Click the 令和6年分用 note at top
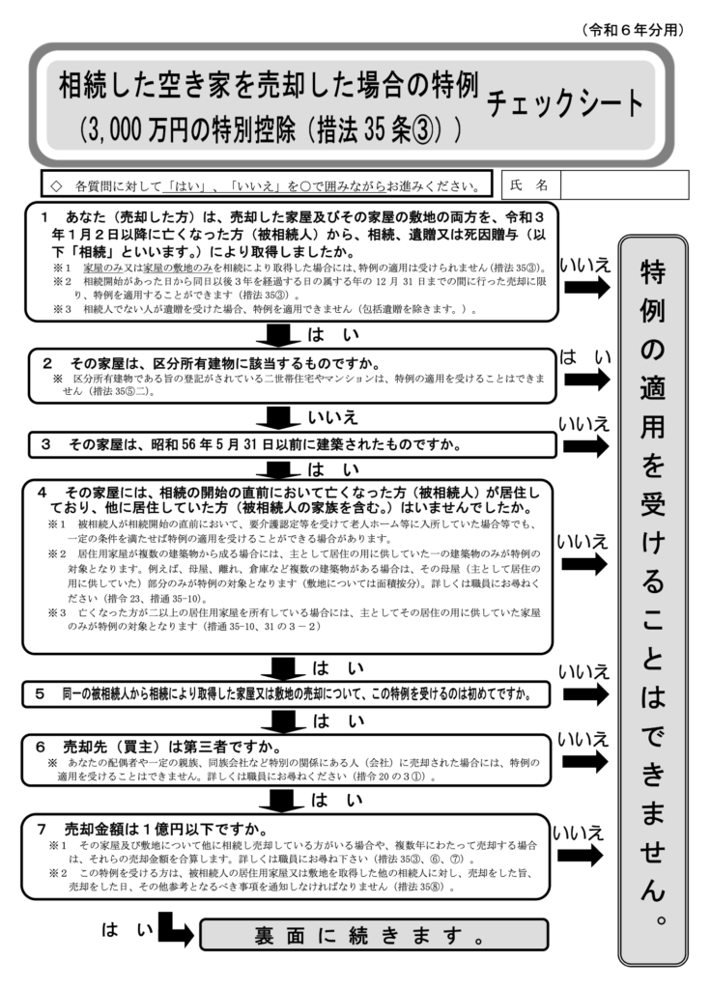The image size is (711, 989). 635,30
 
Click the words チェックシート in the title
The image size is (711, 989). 565,103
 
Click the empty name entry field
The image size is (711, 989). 623,184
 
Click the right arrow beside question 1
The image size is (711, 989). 586,288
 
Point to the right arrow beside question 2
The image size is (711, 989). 586,380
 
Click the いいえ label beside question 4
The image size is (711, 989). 583,542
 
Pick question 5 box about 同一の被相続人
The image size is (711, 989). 290,693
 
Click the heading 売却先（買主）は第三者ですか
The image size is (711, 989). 169,746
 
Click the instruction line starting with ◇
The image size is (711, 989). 267,184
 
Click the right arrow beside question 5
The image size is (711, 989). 586,694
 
